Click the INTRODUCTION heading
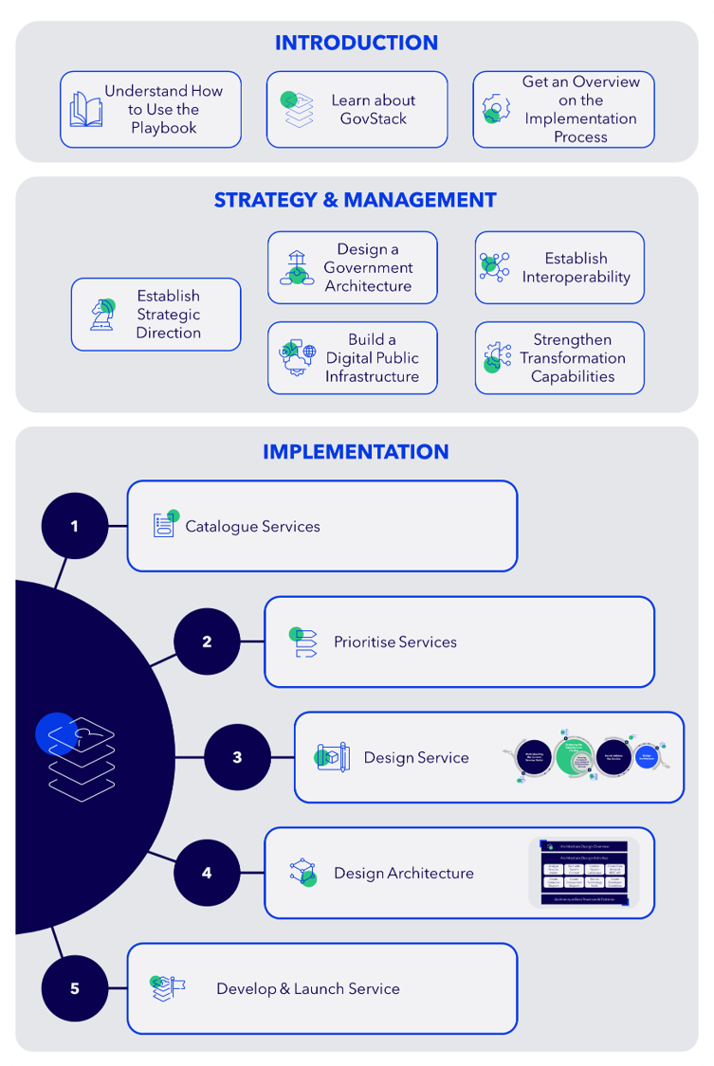(x=357, y=43)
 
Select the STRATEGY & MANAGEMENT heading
(x=356, y=200)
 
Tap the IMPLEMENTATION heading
(x=356, y=452)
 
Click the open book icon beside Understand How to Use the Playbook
(x=85, y=109)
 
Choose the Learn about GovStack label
(x=374, y=109)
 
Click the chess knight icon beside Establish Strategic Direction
(x=102, y=315)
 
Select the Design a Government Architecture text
(x=368, y=267)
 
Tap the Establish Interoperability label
(x=576, y=267)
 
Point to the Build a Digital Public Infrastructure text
(x=372, y=358)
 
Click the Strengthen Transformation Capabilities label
(x=573, y=358)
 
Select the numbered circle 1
(x=75, y=526)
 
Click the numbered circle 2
(x=208, y=641)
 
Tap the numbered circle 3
(x=237, y=757)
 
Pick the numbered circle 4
(x=208, y=873)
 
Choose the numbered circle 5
(x=75, y=988)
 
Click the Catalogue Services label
(x=252, y=526)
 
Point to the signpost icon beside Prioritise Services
(x=303, y=642)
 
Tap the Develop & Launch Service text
(x=308, y=988)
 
